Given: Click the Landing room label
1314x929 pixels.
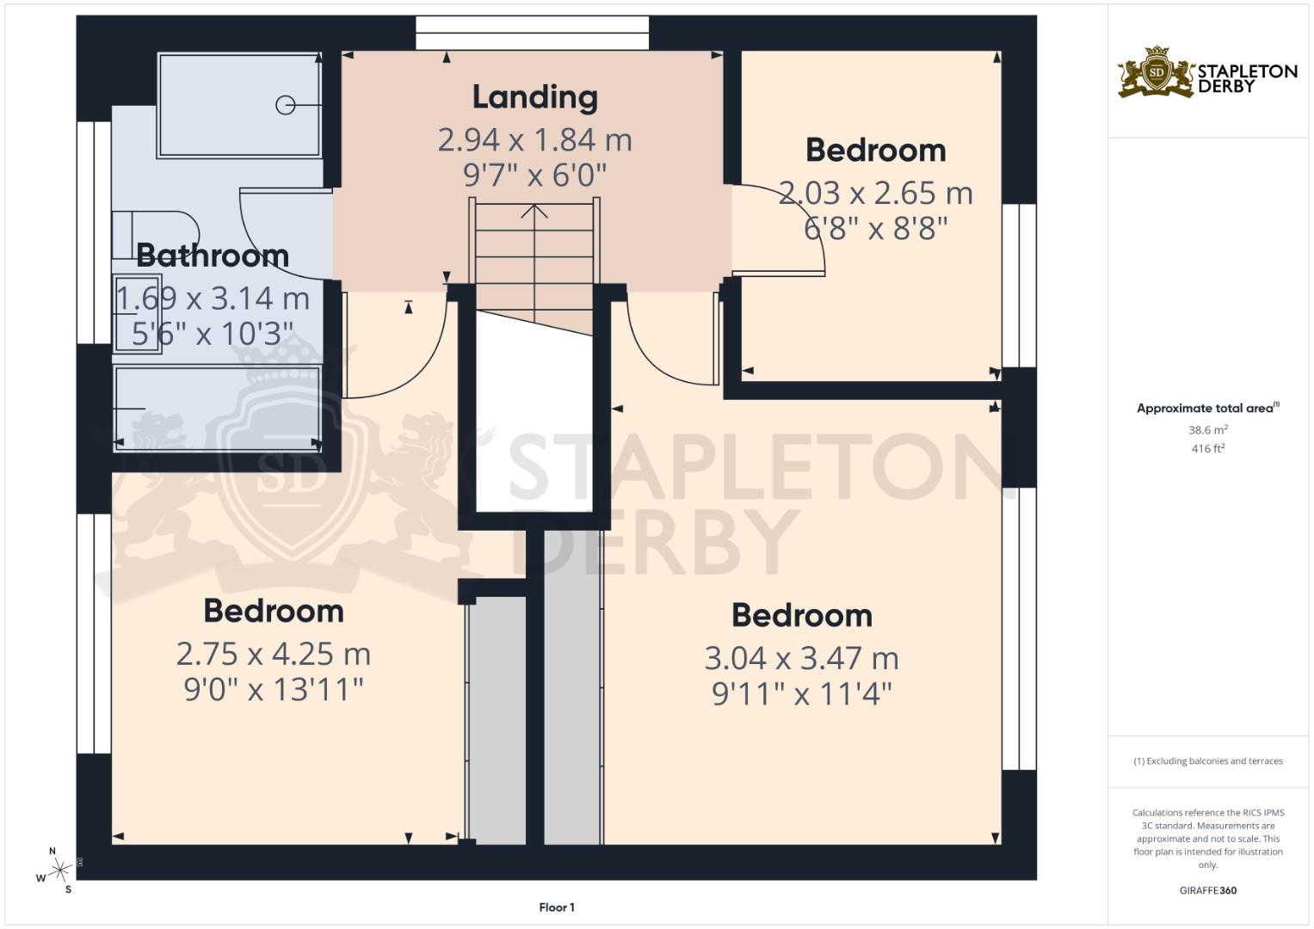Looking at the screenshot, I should [534, 97].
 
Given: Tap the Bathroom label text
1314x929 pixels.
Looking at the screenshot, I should [213, 255].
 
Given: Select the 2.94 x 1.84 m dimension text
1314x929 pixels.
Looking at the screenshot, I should [534, 139].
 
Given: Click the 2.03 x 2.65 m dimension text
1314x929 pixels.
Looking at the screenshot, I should [875, 193].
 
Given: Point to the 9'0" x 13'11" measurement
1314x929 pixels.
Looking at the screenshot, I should [274, 689].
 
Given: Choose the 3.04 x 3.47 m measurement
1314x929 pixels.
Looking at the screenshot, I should [801, 659].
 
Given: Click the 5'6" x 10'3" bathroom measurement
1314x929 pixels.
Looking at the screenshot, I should [213, 334].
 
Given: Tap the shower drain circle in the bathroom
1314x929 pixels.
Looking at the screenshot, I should [285, 105].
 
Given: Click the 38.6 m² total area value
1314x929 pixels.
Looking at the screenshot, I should [1207, 429].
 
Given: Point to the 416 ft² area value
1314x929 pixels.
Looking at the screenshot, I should [1207, 448].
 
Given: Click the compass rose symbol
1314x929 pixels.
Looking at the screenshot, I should [58, 871].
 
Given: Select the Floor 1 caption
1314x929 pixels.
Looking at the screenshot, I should [557, 907].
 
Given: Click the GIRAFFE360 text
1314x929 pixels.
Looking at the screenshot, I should [1207, 890].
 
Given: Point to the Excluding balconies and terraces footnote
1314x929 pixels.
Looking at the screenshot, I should [1207, 761].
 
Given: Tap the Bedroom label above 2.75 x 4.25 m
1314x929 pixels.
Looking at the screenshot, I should [274, 612].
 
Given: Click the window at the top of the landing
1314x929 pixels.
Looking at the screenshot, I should [533, 34].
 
